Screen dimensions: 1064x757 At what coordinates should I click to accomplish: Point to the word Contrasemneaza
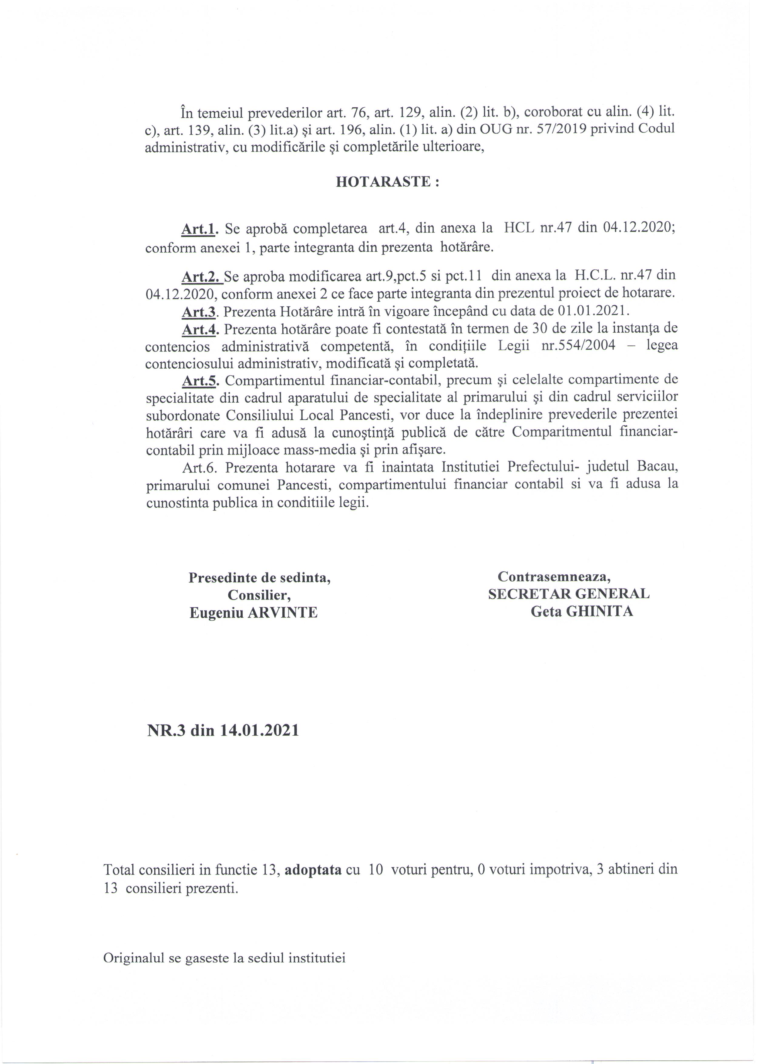554,576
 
